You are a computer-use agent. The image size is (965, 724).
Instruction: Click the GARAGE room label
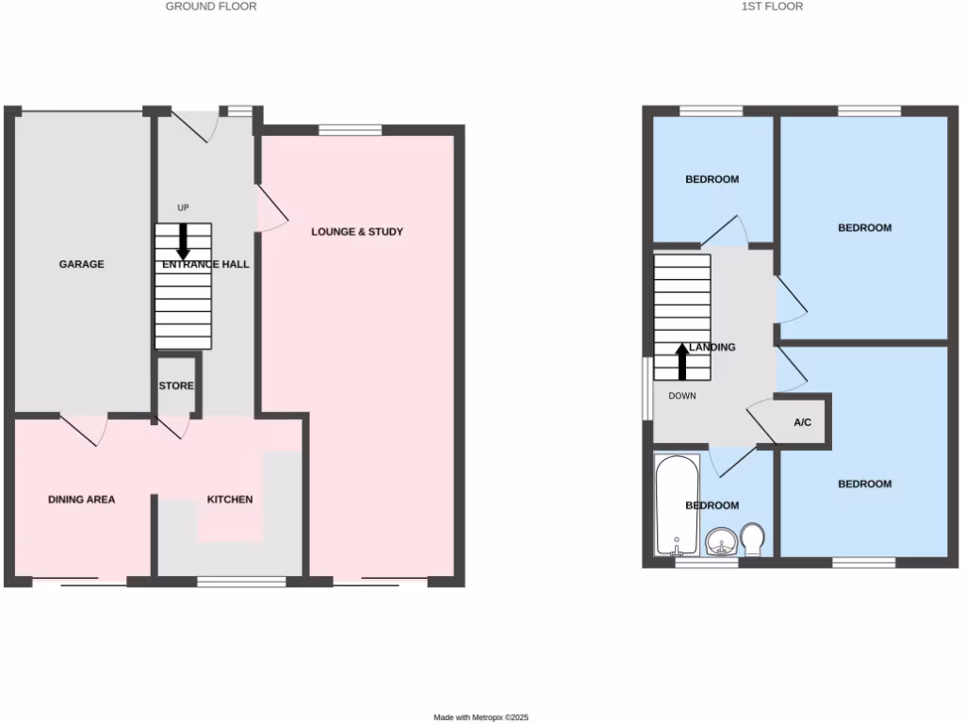click(x=82, y=265)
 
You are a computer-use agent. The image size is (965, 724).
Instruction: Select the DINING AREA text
click(x=82, y=500)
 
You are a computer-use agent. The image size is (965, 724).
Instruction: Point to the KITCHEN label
click(x=230, y=500)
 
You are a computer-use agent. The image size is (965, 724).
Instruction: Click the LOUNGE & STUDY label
click(x=357, y=232)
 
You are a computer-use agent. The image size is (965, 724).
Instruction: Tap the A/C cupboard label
click(x=803, y=422)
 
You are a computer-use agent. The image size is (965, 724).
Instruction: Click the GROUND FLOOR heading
click(x=211, y=7)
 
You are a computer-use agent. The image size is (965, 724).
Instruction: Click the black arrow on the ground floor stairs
click(x=183, y=240)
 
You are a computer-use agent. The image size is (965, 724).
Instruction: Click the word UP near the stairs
click(x=183, y=207)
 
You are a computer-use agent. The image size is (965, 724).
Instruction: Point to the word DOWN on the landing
click(x=682, y=396)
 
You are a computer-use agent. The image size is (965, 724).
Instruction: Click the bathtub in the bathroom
click(x=677, y=504)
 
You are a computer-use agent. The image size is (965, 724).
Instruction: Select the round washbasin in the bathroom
click(x=722, y=542)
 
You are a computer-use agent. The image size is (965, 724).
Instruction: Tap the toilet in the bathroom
click(x=752, y=538)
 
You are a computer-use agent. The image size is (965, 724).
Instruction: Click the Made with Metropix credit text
click(x=487, y=717)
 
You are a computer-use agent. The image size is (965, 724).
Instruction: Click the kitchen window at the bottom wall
click(x=241, y=582)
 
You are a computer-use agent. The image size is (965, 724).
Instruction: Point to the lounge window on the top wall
click(x=351, y=130)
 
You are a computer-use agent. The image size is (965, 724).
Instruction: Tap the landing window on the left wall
click(x=646, y=387)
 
